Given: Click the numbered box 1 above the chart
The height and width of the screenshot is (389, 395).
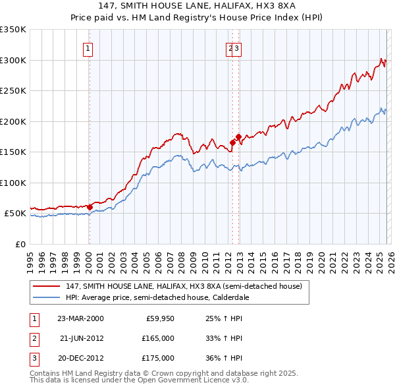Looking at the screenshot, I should (88, 47).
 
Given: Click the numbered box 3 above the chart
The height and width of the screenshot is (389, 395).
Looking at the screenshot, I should (237, 47).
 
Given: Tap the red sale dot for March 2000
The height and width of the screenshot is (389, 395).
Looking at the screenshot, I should (90, 207).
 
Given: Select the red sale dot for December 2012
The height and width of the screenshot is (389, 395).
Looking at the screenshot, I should (238, 136).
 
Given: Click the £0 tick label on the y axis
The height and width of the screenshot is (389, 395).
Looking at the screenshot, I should (20, 244).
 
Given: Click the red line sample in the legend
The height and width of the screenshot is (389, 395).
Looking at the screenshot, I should (47, 287).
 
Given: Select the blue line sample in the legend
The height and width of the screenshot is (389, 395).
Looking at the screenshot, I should (47, 297).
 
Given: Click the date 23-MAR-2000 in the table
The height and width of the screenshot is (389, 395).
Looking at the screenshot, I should (80, 318).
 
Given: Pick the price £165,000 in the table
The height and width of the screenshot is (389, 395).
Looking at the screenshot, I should (158, 338).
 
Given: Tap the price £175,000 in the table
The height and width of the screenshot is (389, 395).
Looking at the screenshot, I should (158, 358).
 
